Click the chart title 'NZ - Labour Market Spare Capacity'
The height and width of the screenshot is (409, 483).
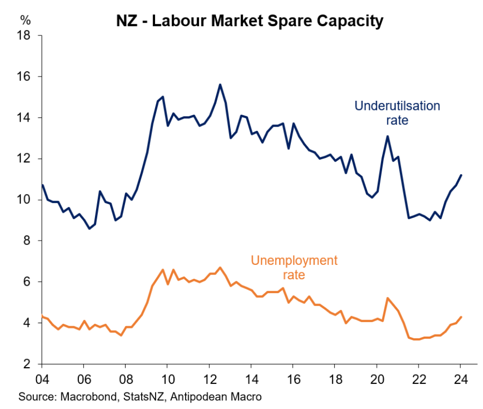point(250,21)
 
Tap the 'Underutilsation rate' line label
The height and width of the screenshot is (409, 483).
point(397,113)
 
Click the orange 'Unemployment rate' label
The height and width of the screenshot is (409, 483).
point(294,267)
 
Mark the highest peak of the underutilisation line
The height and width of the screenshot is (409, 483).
point(220,84)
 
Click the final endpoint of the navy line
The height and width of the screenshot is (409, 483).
point(461,175)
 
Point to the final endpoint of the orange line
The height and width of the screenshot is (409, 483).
point(461,317)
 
